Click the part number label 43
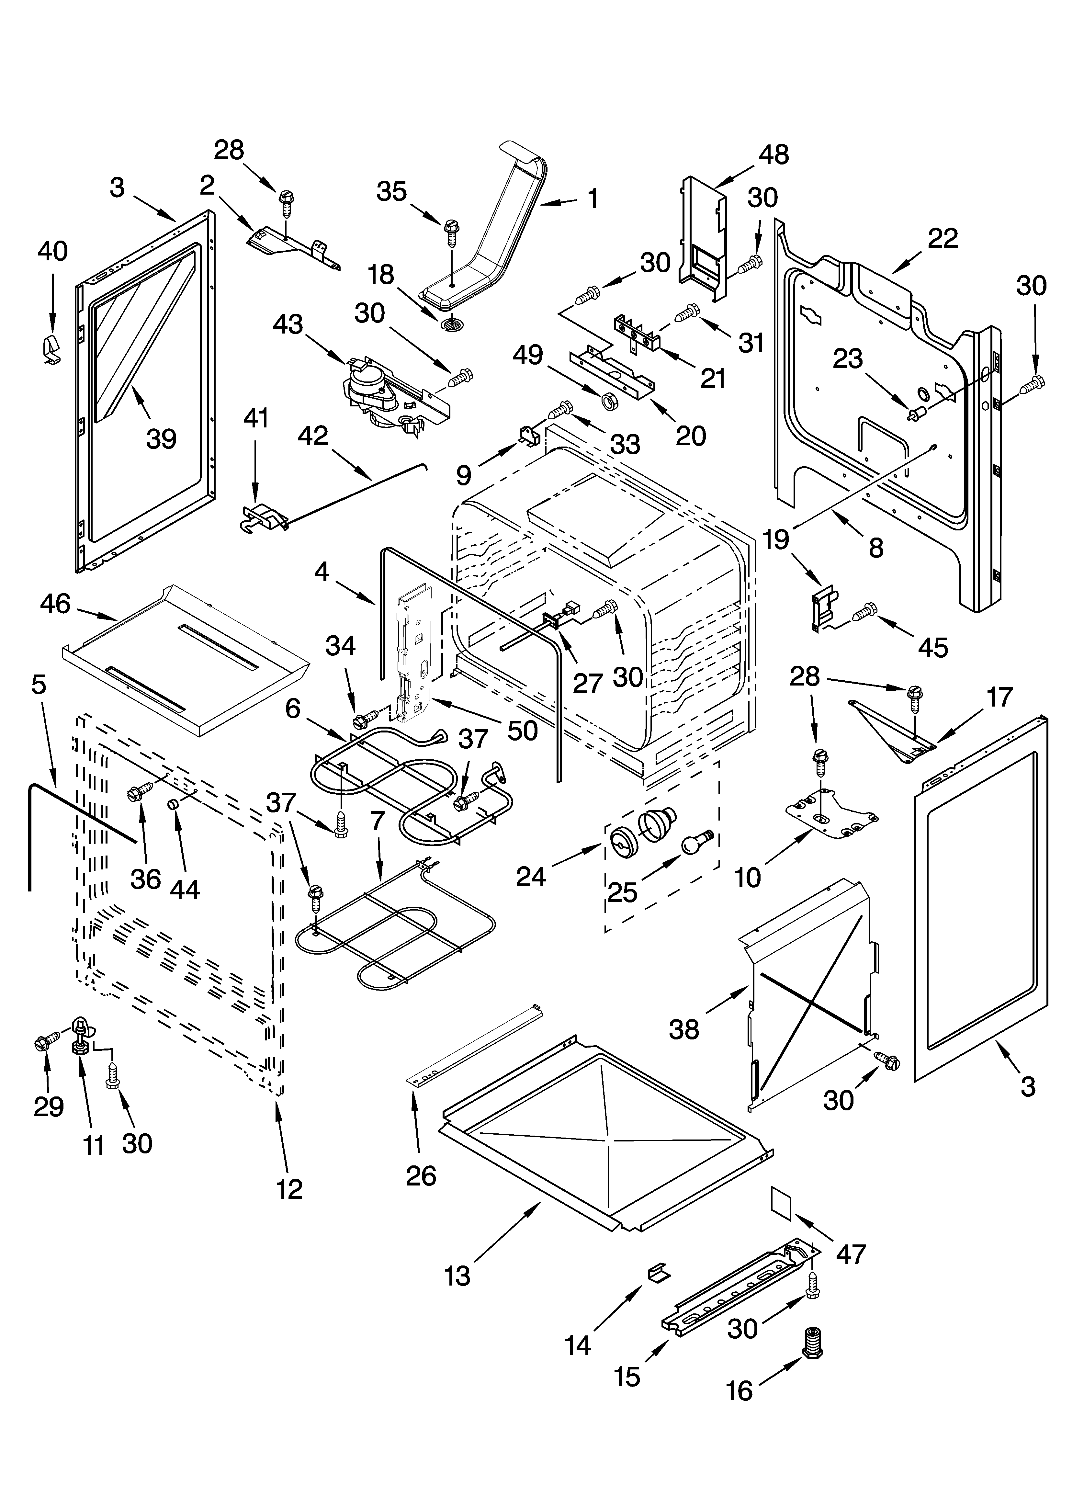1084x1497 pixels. click(x=288, y=325)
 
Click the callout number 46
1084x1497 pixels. click(x=55, y=603)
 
